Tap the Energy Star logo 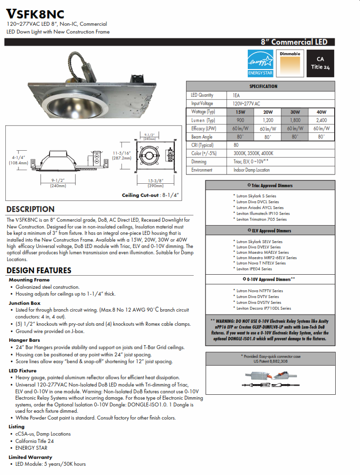[261, 63]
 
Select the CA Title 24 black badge [320, 63]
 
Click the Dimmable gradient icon [291, 63]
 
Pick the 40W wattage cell [321, 112]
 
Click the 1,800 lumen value [295, 120]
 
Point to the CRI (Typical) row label [202, 145]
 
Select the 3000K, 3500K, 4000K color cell [253, 153]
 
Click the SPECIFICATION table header [263, 86]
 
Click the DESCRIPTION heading [30, 209]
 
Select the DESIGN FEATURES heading [39, 270]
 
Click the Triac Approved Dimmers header [270, 185]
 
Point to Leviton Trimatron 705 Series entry [261, 219]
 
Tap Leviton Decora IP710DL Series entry [263, 308]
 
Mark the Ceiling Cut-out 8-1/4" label [151, 195]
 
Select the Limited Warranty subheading [30, 457]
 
